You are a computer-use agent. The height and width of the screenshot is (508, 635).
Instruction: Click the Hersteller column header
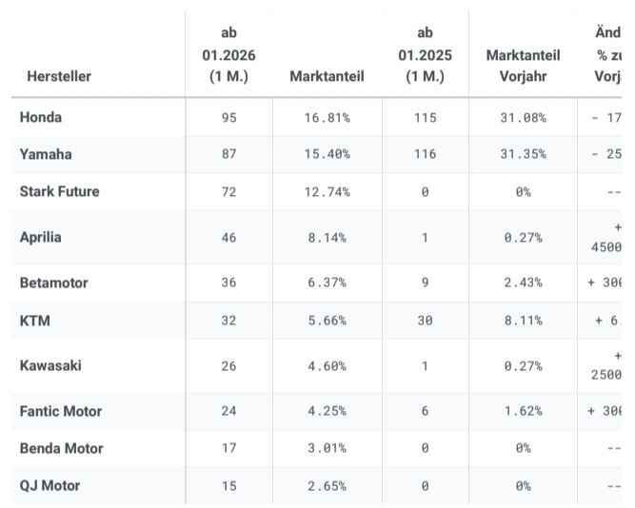(59, 76)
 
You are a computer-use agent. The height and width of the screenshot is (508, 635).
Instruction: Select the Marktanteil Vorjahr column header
(523, 66)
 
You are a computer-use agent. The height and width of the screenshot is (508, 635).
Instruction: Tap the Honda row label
(41, 117)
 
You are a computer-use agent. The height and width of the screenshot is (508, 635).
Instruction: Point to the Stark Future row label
(59, 191)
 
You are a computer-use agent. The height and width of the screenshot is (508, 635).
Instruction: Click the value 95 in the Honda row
(228, 118)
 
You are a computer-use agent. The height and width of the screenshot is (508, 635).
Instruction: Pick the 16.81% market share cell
(328, 118)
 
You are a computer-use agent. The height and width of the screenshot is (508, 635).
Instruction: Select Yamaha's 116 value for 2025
(425, 154)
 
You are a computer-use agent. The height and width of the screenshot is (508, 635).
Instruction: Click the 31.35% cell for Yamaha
(523, 154)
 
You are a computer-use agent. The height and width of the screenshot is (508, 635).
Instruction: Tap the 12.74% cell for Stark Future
(328, 191)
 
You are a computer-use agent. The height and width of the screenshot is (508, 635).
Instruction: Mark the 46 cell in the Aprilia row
(228, 237)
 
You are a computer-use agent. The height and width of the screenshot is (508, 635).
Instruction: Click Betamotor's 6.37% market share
(328, 283)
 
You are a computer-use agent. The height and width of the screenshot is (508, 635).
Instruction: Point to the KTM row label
(34, 321)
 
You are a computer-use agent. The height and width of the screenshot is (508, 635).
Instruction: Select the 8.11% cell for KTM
(523, 321)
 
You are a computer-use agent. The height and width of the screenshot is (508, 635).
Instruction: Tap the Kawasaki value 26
(228, 365)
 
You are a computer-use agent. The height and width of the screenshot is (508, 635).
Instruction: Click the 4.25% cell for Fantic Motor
(328, 411)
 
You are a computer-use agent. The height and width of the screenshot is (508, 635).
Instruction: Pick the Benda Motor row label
(61, 448)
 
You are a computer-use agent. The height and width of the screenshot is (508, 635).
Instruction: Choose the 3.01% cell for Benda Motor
(328, 448)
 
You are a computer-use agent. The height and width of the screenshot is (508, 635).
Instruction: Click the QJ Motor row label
(50, 485)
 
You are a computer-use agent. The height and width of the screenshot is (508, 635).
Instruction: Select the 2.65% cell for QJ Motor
(328, 485)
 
